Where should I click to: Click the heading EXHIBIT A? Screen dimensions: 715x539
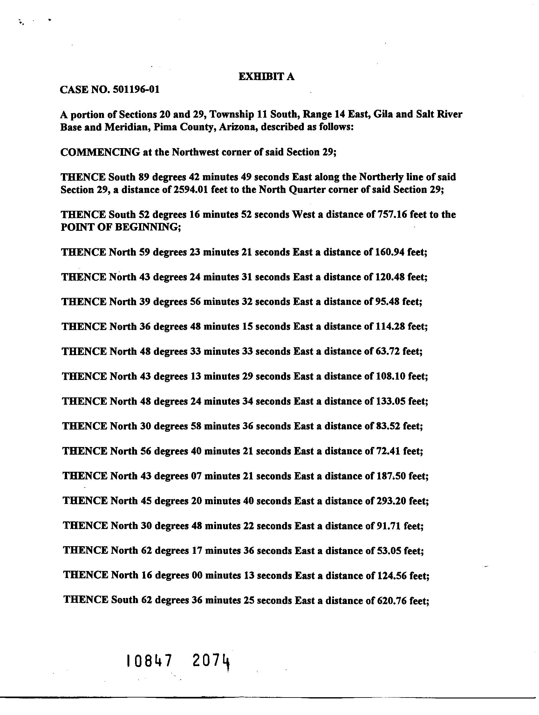pyautogui.click(x=266, y=77)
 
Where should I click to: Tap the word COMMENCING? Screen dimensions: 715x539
pyautogui.click(x=100, y=152)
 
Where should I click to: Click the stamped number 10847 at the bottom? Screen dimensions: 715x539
pyautogui.click(x=149, y=660)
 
